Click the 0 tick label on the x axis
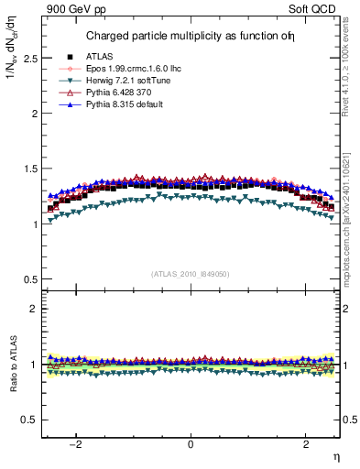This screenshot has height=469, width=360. coord(191,444)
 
